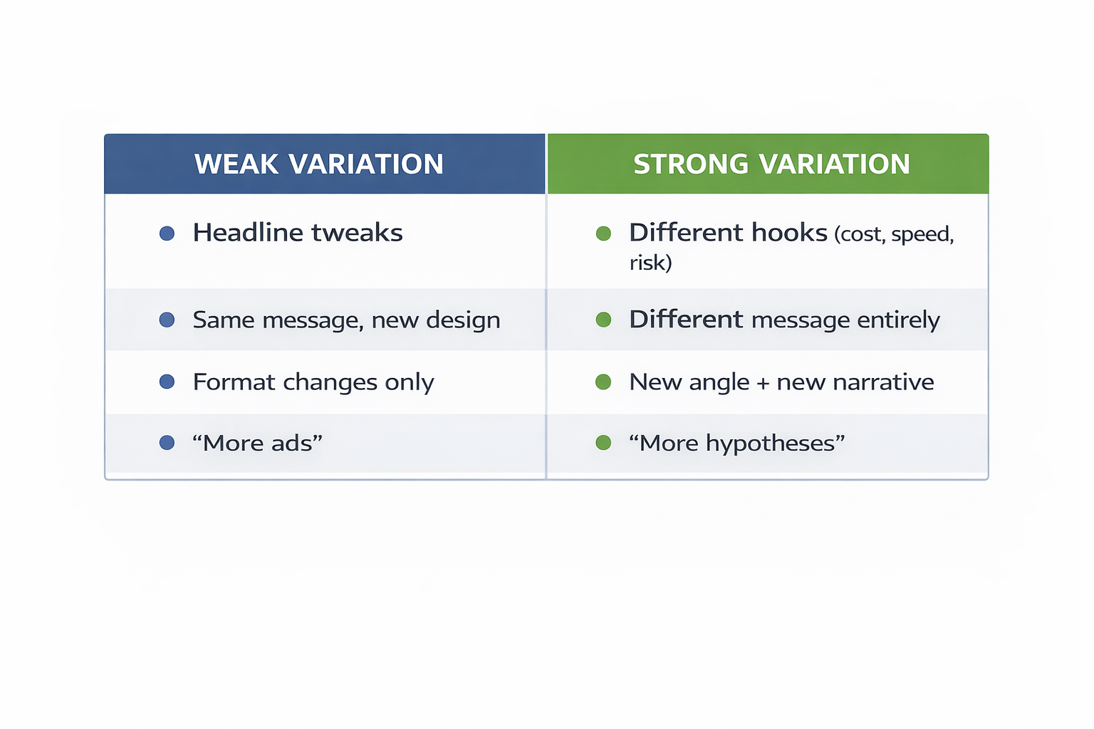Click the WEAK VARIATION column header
[x=318, y=164]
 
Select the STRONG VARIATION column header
[x=771, y=164]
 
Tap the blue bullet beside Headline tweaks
[x=167, y=234]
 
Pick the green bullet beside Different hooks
[x=603, y=234]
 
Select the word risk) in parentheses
[x=650, y=263]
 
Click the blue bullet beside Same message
[x=167, y=320]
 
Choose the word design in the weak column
[x=463, y=320]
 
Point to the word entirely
[x=898, y=320]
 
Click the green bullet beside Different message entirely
[x=603, y=320]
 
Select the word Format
[x=234, y=382]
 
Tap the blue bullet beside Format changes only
[x=167, y=382]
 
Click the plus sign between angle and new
[x=763, y=383]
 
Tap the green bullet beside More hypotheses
[x=603, y=444]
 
